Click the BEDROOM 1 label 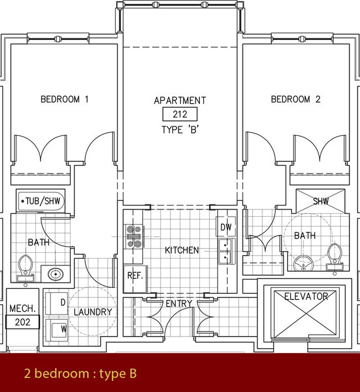pyautogui.click(x=64, y=100)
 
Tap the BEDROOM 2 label pyautogui.click(x=295, y=100)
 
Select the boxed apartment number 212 pyautogui.click(x=179, y=115)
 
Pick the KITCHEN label pyautogui.click(x=182, y=250)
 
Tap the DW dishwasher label pyautogui.click(x=225, y=227)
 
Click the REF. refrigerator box pyautogui.click(x=135, y=275)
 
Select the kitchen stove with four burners pyautogui.click(x=134, y=235)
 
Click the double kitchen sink pyautogui.click(x=225, y=251)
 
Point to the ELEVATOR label pyautogui.click(x=306, y=296)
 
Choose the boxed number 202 pyautogui.click(x=23, y=322)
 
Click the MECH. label pyautogui.click(x=23, y=308)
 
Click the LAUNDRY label pyautogui.click(x=93, y=312)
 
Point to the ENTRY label pyautogui.click(x=179, y=303)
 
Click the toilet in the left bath pyautogui.click(x=25, y=266)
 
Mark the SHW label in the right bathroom pyautogui.click(x=320, y=201)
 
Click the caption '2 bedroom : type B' pyautogui.click(x=80, y=374)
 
